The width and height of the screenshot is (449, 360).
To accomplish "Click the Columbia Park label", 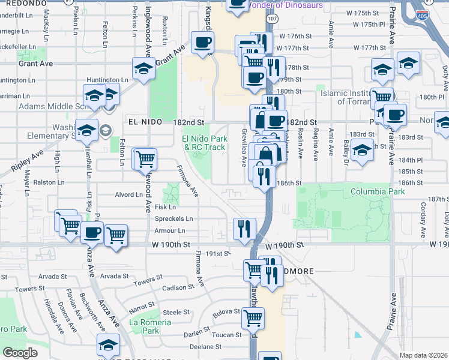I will coord(377,191).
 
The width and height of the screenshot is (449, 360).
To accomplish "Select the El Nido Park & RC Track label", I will coord(203,143).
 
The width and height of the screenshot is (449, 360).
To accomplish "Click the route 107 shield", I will coord(273,19).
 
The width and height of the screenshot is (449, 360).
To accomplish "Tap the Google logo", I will coord(20,353).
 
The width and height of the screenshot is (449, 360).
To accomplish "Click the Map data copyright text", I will coord(423,355).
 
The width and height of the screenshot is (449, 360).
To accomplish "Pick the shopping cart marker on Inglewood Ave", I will coord(145,159).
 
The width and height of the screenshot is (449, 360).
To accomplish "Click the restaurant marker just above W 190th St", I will coord(244,228).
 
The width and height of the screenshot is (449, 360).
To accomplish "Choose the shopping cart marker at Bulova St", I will coord(253,317).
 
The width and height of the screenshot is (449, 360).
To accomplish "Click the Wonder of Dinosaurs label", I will coord(285,5).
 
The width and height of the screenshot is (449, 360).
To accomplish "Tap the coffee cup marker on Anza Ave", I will coord(92,232).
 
